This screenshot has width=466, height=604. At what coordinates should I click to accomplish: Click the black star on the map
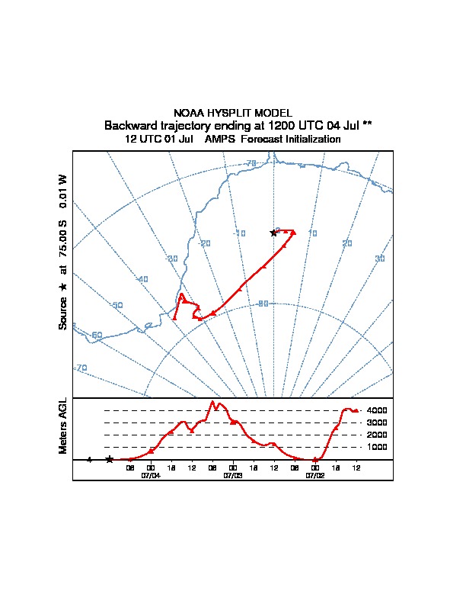tap(273, 233)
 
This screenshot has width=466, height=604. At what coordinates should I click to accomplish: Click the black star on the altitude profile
tap(110, 459)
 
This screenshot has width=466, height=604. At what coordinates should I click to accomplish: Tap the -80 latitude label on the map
tap(263, 304)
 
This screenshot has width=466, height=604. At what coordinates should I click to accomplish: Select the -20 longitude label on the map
tap(204, 243)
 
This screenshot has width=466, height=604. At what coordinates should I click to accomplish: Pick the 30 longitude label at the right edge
tap(380, 259)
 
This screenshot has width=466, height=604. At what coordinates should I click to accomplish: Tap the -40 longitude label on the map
tap(142, 279)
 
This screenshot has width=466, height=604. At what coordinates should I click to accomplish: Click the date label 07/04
tap(151, 475)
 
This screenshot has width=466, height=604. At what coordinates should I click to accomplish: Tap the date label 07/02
tap(315, 475)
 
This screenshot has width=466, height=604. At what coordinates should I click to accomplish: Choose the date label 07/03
tap(233, 475)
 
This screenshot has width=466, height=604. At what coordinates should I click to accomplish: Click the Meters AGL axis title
tap(64, 426)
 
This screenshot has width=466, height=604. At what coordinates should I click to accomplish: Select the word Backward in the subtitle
tap(129, 125)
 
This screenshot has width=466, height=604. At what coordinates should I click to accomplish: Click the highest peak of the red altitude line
tap(212, 401)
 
